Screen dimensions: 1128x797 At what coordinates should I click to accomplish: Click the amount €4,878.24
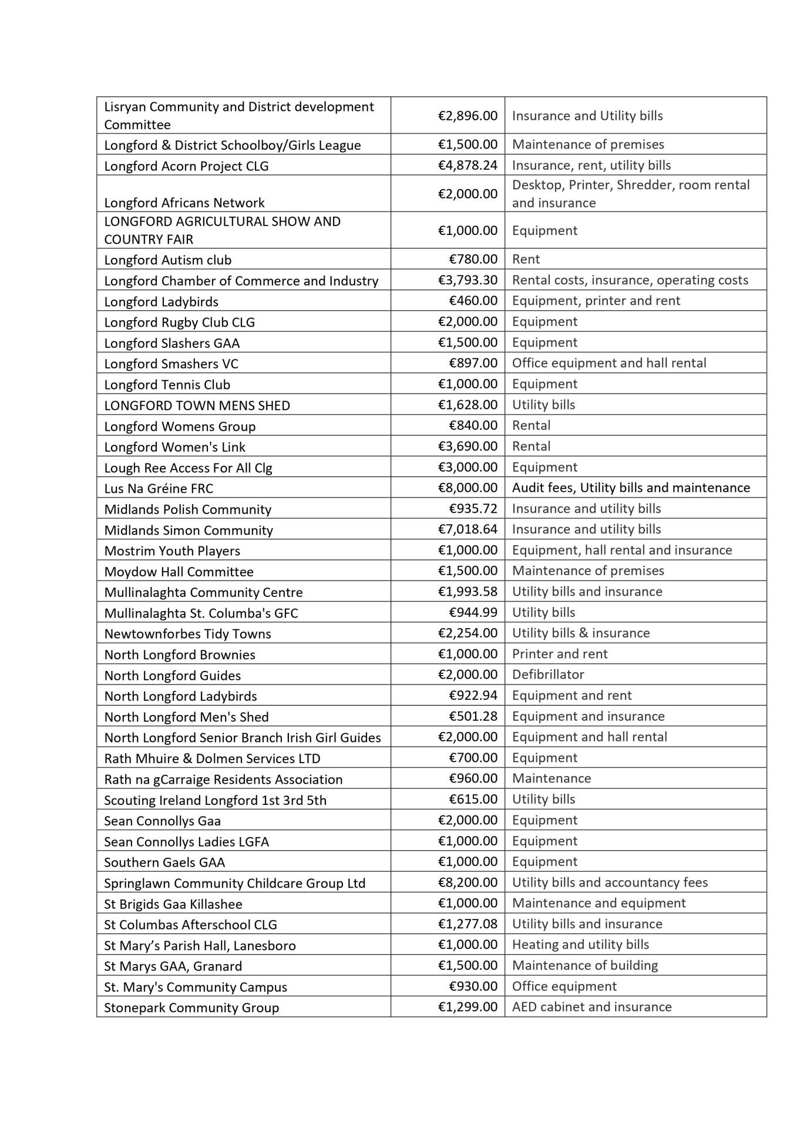pos(468,165)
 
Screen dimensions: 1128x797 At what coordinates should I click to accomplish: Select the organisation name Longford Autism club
pos(168,260)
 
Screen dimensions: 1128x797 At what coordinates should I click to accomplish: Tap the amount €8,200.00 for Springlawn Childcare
pos(468,882)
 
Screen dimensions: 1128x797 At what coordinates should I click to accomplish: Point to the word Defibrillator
pos(548,674)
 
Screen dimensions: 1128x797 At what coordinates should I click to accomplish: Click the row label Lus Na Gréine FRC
pos(159,488)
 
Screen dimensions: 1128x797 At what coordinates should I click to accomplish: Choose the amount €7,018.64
pos(468,529)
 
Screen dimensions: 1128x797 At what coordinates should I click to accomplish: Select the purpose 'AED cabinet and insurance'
pos(591,1007)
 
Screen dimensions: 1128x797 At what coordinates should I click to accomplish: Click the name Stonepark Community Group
pos(191,1008)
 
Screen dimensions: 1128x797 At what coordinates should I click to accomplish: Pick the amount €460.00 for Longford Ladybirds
pos(473,301)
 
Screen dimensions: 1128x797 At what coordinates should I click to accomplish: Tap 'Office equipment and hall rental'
pos(609,363)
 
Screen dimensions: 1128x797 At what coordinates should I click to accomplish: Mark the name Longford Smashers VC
pos(171,364)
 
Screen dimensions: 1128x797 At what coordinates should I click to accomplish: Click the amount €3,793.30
pos(468,280)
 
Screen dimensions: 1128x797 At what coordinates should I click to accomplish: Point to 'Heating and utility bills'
pos(580,945)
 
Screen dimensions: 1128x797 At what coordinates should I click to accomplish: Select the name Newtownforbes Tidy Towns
pos(187,634)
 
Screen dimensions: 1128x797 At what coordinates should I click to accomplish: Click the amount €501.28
pos(473,716)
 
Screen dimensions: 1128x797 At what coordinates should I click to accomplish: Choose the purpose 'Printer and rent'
pos(560,654)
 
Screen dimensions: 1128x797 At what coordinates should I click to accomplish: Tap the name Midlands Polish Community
pos(187,509)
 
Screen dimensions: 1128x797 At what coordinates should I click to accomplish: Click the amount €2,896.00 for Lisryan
pos(468,116)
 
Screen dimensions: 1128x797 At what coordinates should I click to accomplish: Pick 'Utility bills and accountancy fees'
pos(610,882)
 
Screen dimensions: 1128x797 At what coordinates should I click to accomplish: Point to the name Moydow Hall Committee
pos(179,572)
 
